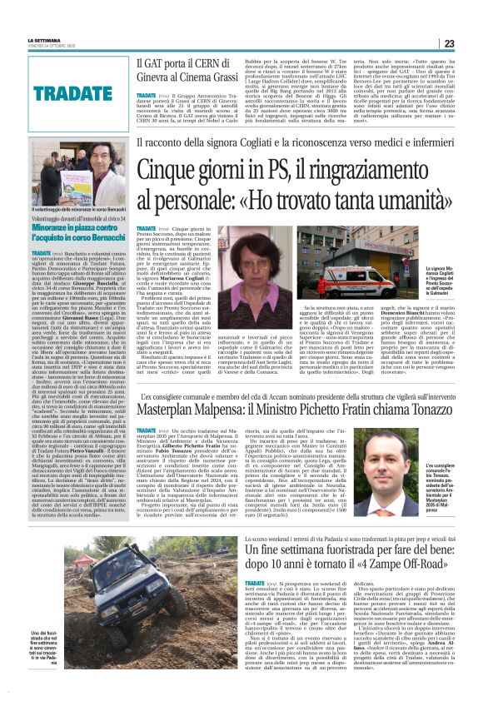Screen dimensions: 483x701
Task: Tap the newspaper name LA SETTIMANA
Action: coord(43,39)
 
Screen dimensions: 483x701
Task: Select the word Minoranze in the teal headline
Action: coord(57,226)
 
